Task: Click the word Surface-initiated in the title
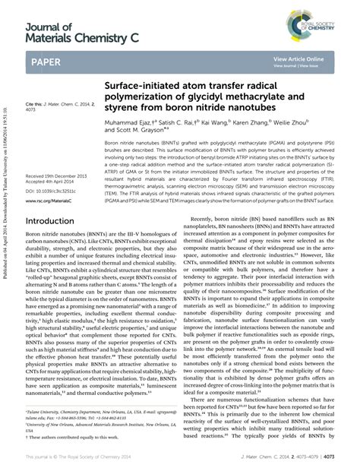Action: point(136,87)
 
